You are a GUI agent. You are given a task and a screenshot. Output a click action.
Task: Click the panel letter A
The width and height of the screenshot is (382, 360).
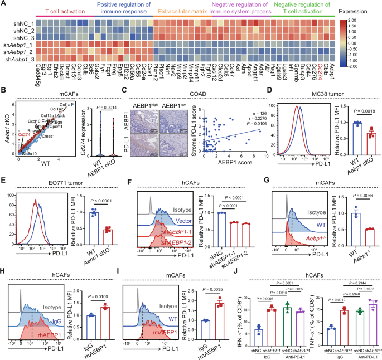pyautogui.click(x=4, y=4)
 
